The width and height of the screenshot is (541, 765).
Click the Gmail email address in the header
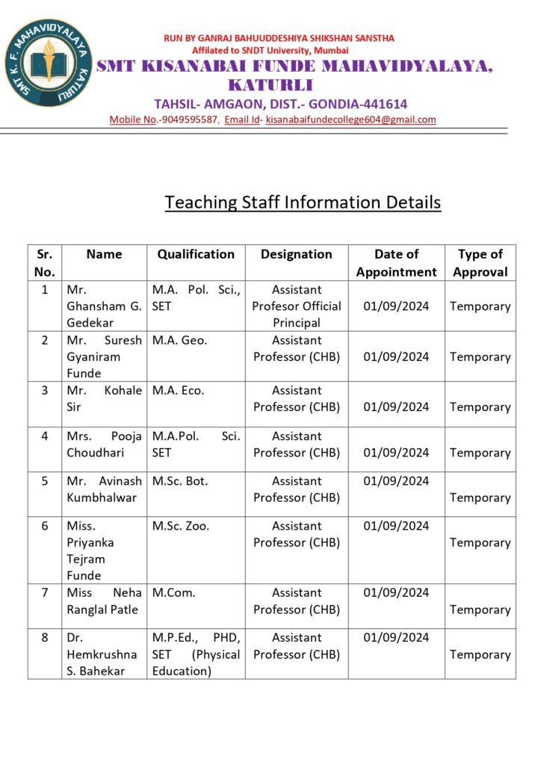[350, 120]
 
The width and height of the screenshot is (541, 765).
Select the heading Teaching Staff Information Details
[303, 202]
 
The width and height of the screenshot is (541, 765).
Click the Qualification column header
[196, 255]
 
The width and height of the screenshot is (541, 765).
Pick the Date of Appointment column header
[396, 263]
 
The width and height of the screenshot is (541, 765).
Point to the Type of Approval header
[480, 263]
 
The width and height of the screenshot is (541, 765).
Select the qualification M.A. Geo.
[179, 341]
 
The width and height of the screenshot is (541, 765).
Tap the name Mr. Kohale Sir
[104, 399]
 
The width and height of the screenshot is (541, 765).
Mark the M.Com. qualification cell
[174, 593]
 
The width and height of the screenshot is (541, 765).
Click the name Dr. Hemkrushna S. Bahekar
[102, 654]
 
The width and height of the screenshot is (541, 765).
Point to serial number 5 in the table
[45, 481]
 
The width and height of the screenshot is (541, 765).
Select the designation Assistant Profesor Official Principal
[297, 306]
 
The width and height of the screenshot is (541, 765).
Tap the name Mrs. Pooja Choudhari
[104, 445]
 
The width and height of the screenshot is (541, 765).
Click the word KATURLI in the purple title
[270, 84]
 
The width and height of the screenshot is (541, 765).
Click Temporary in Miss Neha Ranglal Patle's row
[480, 610]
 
